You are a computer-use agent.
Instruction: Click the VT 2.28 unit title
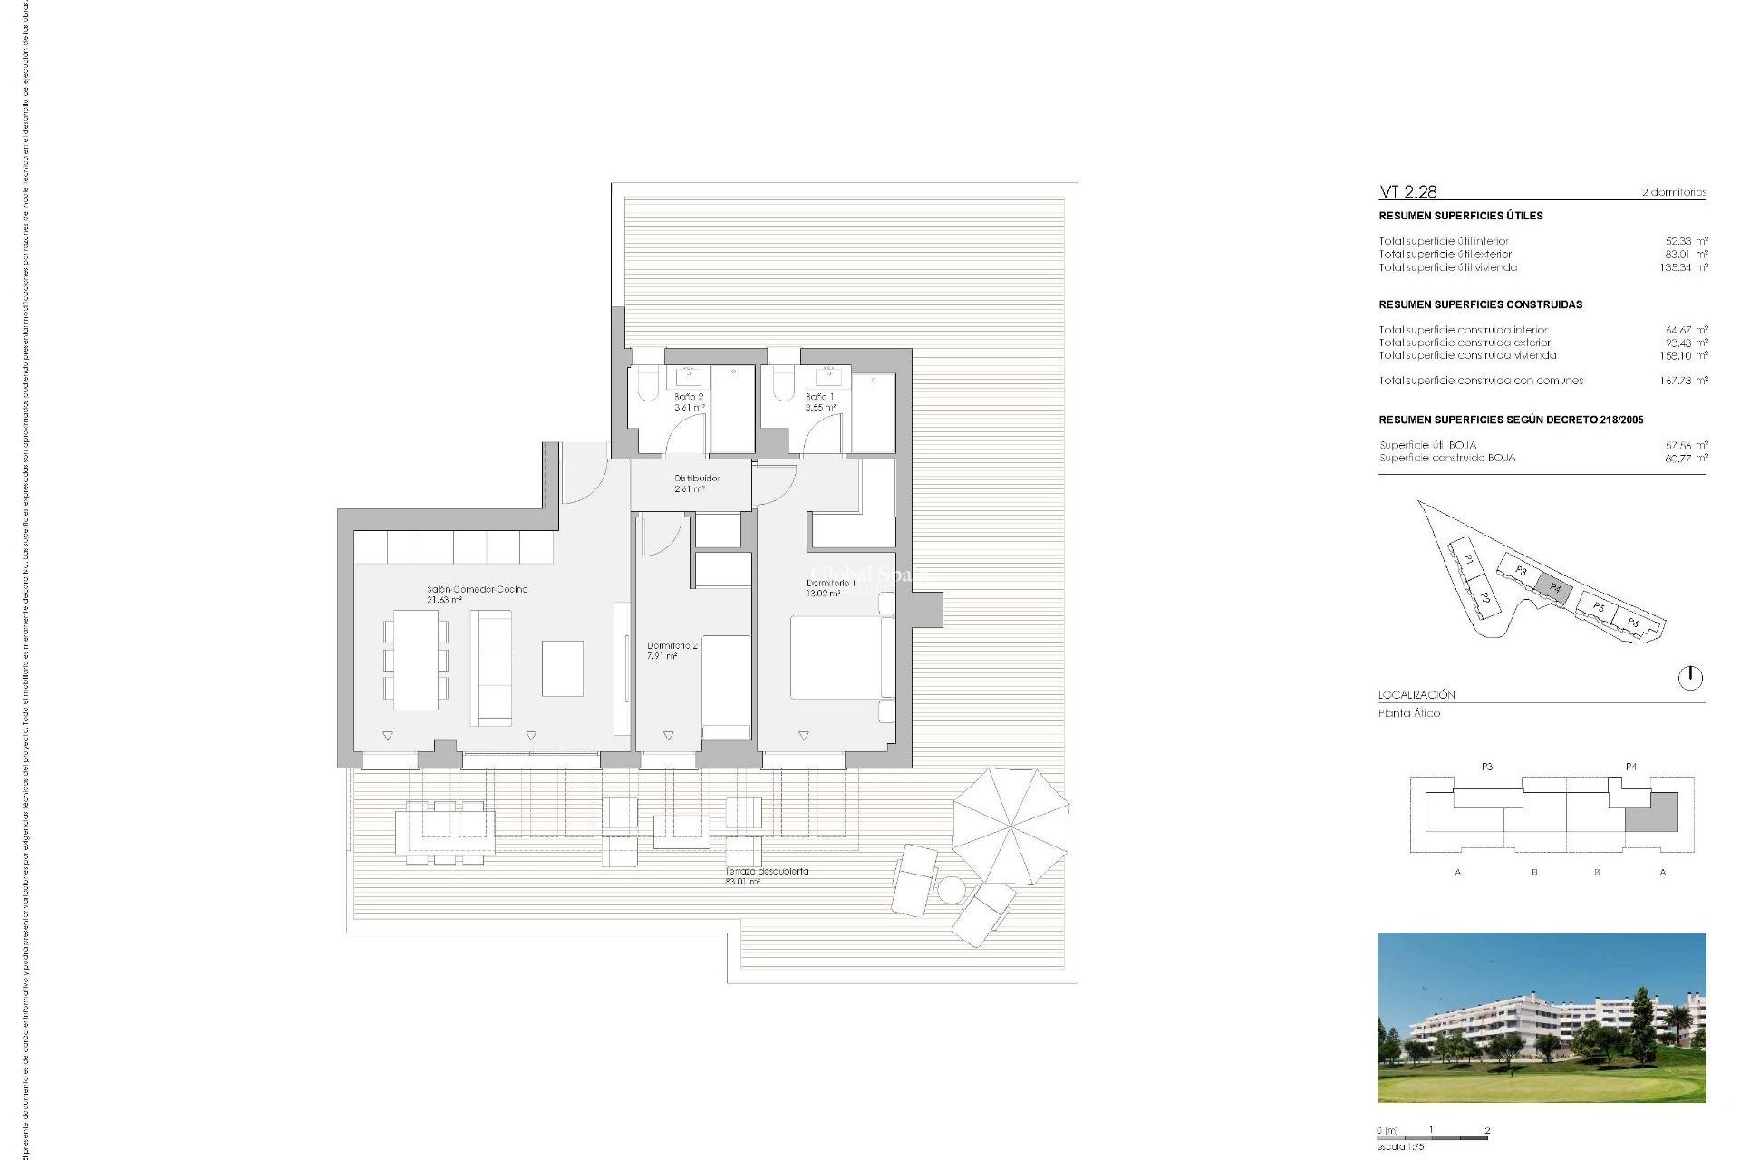(1407, 191)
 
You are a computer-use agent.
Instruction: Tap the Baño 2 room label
(689, 402)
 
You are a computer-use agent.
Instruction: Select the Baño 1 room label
(820, 402)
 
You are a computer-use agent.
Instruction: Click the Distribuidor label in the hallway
(697, 483)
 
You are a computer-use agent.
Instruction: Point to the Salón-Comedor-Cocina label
(477, 594)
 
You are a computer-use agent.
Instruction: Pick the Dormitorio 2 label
(672, 651)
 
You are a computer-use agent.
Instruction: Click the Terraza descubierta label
(767, 875)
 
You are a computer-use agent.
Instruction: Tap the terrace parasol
(1010, 826)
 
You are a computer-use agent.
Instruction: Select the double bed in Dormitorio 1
(836, 657)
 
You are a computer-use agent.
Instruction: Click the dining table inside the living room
(416, 659)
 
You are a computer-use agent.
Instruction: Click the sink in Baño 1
(828, 376)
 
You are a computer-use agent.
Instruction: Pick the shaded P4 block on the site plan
(1555, 587)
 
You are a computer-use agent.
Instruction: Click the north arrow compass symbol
(1690, 678)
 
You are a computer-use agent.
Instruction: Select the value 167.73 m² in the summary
(1684, 381)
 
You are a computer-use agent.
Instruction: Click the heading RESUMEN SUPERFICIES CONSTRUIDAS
(1480, 304)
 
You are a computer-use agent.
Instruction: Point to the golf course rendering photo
(1541, 1018)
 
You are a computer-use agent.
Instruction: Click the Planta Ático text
(1409, 713)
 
